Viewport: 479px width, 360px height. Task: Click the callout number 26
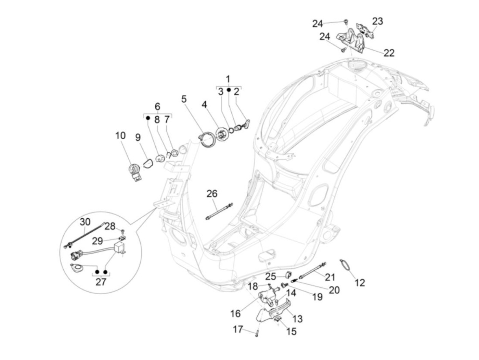212,194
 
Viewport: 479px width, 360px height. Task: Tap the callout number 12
360,283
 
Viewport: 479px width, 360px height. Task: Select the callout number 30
85,222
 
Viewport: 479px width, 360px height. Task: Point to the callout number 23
377,21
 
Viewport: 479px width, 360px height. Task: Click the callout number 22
389,53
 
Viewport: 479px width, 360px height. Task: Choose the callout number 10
120,136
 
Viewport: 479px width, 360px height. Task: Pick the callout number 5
184,99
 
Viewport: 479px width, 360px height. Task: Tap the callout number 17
238,329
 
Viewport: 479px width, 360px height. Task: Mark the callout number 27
101,282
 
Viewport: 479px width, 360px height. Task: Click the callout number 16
235,313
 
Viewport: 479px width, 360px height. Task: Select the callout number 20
334,290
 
